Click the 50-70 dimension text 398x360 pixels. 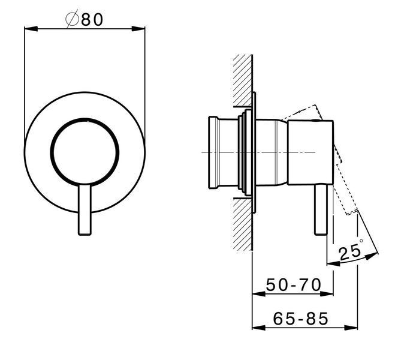pos(294,284)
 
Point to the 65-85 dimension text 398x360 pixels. pos(300,319)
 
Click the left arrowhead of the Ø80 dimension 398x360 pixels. pos(31,29)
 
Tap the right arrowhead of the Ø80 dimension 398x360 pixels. pos(138,29)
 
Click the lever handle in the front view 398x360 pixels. pos(85,209)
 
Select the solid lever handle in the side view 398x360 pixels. pos(321,209)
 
